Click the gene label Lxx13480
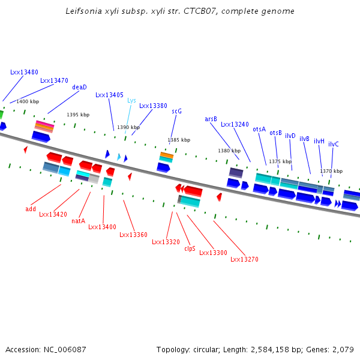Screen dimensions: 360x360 [24, 72]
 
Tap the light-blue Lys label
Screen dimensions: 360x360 [131, 101]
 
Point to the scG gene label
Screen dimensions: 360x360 [176, 111]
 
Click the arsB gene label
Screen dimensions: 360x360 [211, 119]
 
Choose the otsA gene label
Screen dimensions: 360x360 [259, 129]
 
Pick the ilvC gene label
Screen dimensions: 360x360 [334, 144]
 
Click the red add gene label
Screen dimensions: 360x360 [31, 209]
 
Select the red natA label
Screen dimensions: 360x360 [78, 221]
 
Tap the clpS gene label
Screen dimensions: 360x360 [190, 248]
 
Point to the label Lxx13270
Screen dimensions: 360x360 [244, 259]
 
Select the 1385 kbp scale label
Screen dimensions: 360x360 [179, 140]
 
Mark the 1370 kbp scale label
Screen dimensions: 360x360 [331, 171]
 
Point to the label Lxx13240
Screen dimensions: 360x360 [235, 125]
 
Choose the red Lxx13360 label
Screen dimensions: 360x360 [133, 235]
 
